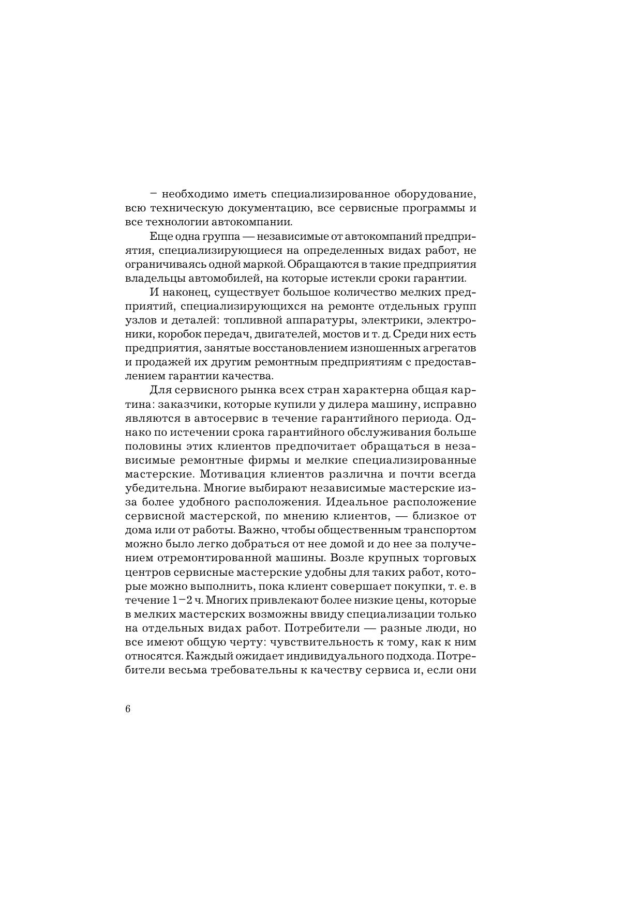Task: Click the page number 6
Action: click(x=128, y=709)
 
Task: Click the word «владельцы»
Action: click(x=151, y=278)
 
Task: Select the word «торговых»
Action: click(x=450, y=558)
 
